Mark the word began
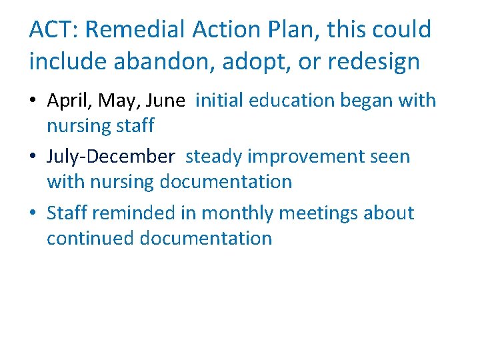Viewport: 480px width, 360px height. tap(365, 101)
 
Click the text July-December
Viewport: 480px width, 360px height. tap(111, 157)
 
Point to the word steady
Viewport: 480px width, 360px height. tap(215, 157)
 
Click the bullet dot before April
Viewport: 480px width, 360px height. tap(33, 101)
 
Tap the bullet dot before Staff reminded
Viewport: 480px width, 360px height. tap(33, 214)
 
